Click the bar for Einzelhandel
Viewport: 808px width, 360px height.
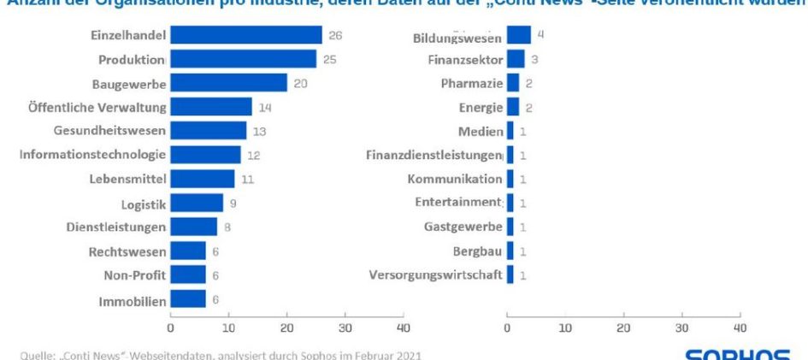(x=246, y=35)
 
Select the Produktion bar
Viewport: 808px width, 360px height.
(x=243, y=59)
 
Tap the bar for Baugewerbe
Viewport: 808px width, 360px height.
(x=228, y=83)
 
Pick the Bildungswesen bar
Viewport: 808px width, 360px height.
(x=518, y=35)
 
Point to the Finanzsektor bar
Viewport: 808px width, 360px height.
(x=516, y=59)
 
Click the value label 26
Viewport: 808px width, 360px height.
(x=335, y=35)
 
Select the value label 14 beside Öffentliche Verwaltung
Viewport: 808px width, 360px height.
(x=265, y=107)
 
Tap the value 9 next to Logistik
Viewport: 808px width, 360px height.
(x=233, y=204)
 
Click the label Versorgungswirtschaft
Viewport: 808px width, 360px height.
(x=435, y=275)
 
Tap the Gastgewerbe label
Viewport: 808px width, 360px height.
(x=463, y=227)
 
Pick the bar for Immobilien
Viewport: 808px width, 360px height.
(x=187, y=299)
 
